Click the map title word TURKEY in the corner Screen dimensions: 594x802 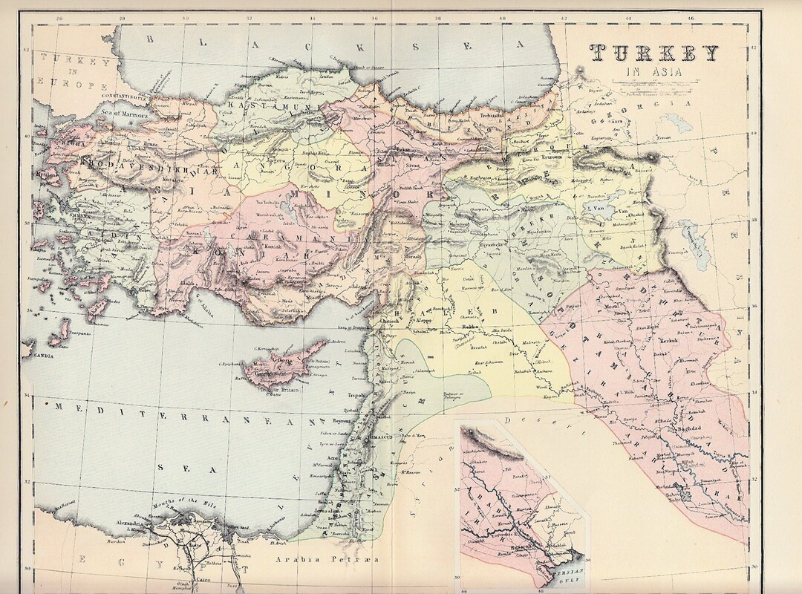[654, 53]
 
